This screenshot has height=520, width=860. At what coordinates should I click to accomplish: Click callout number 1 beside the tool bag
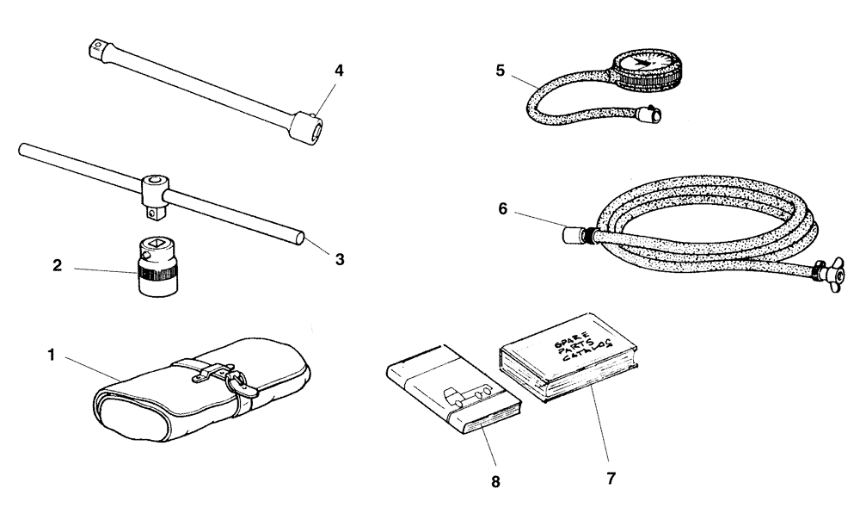(x=52, y=355)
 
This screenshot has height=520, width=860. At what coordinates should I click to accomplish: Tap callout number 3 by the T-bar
(x=340, y=258)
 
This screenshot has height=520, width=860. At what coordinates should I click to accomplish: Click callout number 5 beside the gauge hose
(x=501, y=71)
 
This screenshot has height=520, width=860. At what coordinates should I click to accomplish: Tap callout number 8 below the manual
(x=494, y=481)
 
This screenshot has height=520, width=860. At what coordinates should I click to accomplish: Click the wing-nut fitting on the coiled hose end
(x=829, y=274)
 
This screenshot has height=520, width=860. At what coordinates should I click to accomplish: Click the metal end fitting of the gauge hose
(x=651, y=112)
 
